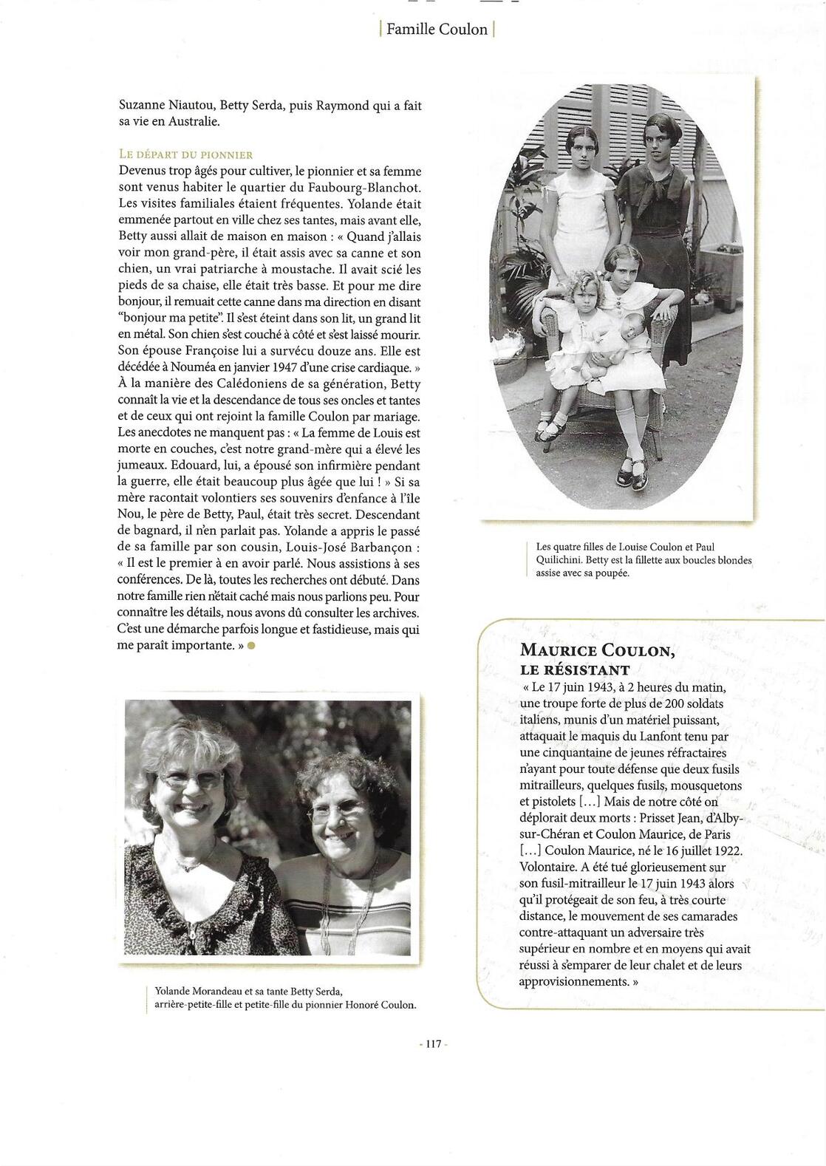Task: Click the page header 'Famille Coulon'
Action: (437, 30)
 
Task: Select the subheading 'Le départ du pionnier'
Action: (185, 154)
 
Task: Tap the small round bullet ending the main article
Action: (251, 646)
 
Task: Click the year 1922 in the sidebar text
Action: (726, 850)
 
